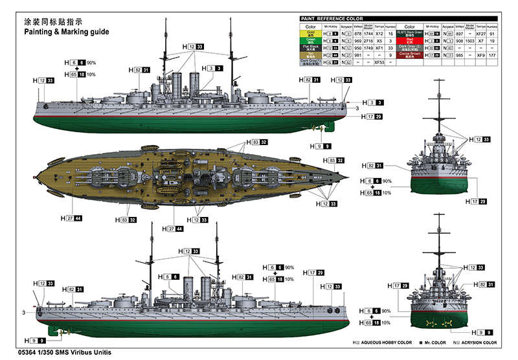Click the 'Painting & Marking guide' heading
coord(67,31)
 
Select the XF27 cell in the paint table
coord(480,32)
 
